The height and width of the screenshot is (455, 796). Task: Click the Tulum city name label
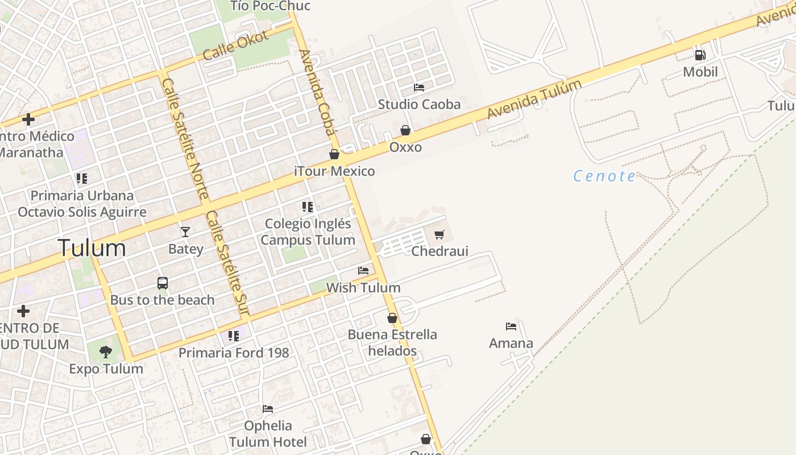click(x=92, y=249)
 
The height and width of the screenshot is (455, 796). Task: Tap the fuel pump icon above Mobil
click(x=700, y=55)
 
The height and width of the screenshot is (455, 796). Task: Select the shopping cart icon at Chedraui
click(x=439, y=234)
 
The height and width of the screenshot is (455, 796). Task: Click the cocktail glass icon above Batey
click(x=185, y=231)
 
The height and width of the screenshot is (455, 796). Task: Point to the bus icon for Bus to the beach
click(x=163, y=283)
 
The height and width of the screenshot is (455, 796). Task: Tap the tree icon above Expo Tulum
click(x=106, y=352)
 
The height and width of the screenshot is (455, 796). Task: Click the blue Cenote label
click(x=604, y=176)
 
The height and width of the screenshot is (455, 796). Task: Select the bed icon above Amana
click(x=511, y=326)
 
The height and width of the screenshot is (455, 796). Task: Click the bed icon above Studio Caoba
click(x=419, y=88)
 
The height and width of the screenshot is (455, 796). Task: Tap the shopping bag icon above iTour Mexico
click(x=334, y=154)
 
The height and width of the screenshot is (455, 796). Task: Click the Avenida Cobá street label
click(x=317, y=93)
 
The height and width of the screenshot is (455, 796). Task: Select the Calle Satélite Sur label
click(x=227, y=263)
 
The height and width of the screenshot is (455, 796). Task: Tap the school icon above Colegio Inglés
click(x=308, y=207)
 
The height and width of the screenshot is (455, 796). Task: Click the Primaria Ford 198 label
click(x=234, y=353)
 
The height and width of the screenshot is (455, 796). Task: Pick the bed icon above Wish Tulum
click(x=363, y=271)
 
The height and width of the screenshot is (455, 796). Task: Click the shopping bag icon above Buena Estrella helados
click(x=392, y=318)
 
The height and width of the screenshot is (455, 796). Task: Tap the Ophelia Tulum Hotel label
click(x=268, y=433)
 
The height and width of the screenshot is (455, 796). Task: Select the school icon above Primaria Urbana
click(x=82, y=179)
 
